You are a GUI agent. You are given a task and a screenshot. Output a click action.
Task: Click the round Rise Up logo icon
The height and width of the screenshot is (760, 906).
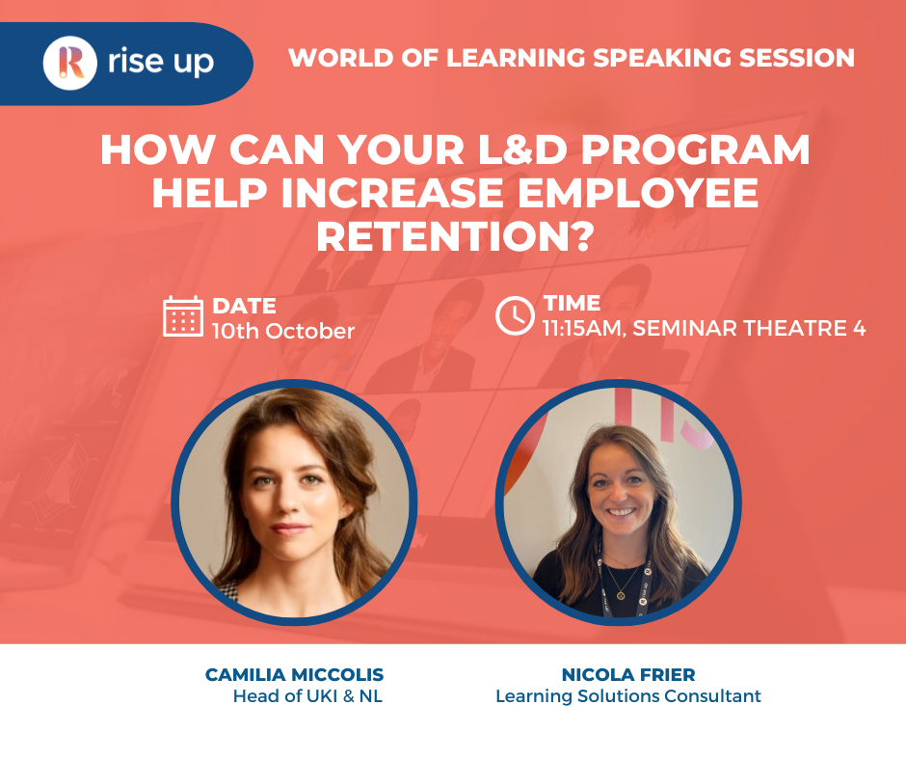point(70,63)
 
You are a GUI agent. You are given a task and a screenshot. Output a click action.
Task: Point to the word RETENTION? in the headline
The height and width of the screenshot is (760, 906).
point(453,234)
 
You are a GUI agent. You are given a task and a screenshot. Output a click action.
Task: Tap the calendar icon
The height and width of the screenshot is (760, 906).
point(183,316)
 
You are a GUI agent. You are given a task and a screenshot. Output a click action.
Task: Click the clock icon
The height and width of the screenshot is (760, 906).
point(515,315)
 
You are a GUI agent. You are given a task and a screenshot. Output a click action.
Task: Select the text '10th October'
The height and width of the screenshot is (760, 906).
point(283,331)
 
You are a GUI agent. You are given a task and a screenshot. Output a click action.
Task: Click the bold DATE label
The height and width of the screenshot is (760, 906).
point(244,306)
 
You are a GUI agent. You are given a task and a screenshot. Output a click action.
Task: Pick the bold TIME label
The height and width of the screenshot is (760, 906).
point(572,303)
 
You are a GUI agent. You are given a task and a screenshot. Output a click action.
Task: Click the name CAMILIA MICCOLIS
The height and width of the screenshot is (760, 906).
point(294,675)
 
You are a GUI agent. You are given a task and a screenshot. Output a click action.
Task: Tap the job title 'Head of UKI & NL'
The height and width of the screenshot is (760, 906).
point(307,696)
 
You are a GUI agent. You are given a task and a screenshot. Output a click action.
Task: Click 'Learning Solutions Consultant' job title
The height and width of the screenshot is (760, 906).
point(627,696)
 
